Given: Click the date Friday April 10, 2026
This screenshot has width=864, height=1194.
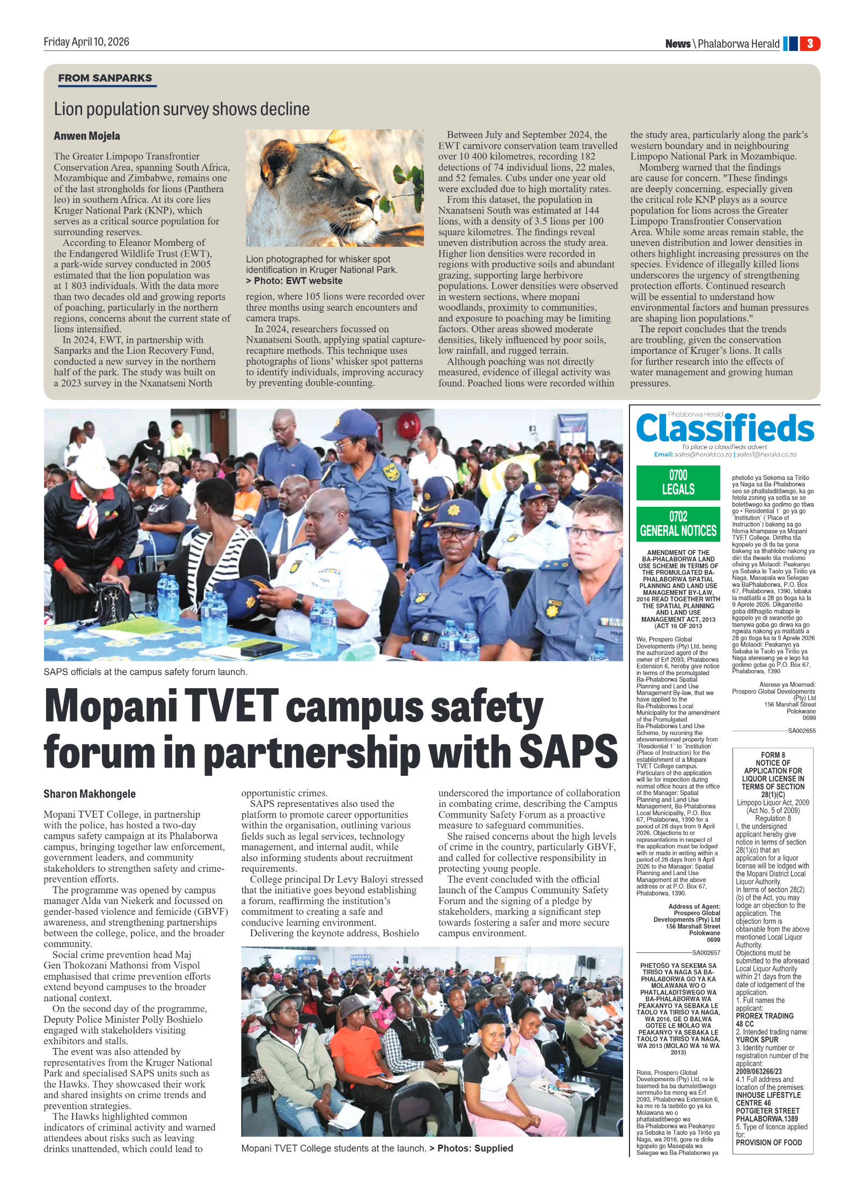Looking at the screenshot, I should pyautogui.click(x=86, y=42).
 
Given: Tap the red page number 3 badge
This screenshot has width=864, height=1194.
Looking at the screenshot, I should pyautogui.click(x=810, y=43).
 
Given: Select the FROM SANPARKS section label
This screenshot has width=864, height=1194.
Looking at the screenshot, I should pyautogui.click(x=105, y=78).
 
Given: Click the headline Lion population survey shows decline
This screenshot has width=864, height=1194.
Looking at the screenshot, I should pyautogui.click(x=181, y=110).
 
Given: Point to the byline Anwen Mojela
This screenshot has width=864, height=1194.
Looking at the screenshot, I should pyautogui.click(x=86, y=136).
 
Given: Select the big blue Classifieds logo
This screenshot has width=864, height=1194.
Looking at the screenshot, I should pyautogui.click(x=724, y=429).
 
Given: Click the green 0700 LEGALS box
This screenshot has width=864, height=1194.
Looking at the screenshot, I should pyautogui.click(x=678, y=482).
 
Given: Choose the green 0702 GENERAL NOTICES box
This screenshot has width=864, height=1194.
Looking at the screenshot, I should pyautogui.click(x=678, y=524).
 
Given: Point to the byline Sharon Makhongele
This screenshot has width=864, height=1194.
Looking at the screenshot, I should pyautogui.click(x=90, y=793).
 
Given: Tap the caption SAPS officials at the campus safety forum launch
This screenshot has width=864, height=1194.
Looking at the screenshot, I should pyautogui.click(x=145, y=672).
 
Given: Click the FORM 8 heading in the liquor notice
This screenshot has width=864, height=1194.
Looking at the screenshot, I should pyautogui.click(x=773, y=755).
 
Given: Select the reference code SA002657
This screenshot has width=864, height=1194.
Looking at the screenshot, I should pyautogui.click(x=706, y=953).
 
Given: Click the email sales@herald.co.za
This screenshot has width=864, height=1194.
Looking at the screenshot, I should pyautogui.click(x=702, y=454).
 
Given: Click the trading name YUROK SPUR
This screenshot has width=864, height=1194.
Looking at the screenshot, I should pyautogui.click(x=757, y=1040).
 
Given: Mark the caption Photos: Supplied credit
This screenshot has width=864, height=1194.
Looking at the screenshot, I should pyautogui.click(x=475, y=1148).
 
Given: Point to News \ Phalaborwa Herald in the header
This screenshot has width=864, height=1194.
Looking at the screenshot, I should pyautogui.click(x=722, y=44).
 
